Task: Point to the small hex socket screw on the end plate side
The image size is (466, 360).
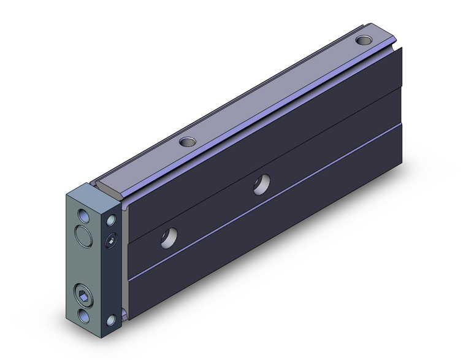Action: [111, 239]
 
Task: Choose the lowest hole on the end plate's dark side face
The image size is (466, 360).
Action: [112, 320]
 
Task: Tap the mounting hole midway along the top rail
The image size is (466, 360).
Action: [187, 142]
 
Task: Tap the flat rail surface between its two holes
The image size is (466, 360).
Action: [276, 92]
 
